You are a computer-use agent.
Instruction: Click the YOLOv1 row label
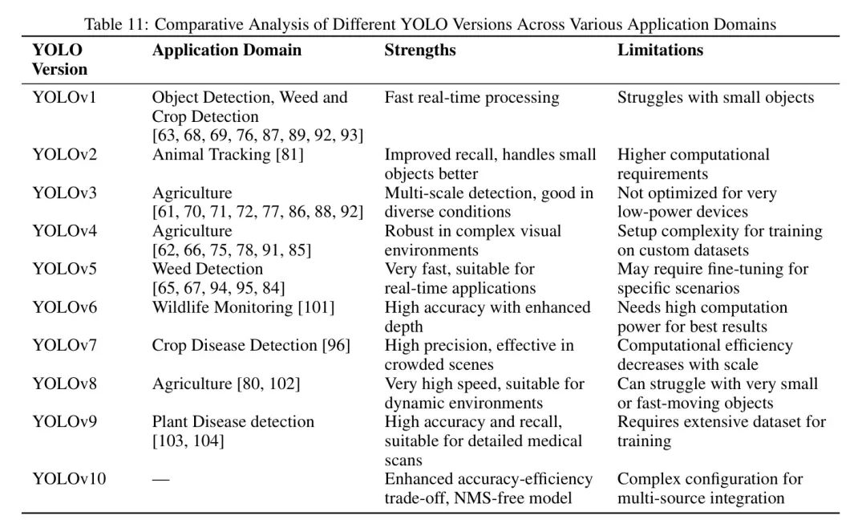click(64, 98)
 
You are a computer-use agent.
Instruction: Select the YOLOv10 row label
click(69, 479)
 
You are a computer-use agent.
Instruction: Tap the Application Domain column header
click(227, 50)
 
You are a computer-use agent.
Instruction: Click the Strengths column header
click(420, 50)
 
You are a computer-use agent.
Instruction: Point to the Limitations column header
click(660, 50)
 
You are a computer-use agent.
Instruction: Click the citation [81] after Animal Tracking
click(289, 155)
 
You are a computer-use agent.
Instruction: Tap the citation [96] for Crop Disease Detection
click(336, 346)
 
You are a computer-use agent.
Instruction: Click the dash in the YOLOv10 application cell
click(161, 479)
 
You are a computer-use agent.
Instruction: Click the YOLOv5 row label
click(64, 269)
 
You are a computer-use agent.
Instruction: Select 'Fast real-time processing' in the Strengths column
click(471, 98)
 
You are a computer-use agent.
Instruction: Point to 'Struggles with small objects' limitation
click(715, 98)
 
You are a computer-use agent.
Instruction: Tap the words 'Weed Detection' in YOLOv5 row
click(208, 269)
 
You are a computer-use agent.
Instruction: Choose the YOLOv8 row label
click(64, 384)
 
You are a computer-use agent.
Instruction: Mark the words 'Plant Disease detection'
click(233, 422)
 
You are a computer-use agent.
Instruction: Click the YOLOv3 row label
click(64, 193)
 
